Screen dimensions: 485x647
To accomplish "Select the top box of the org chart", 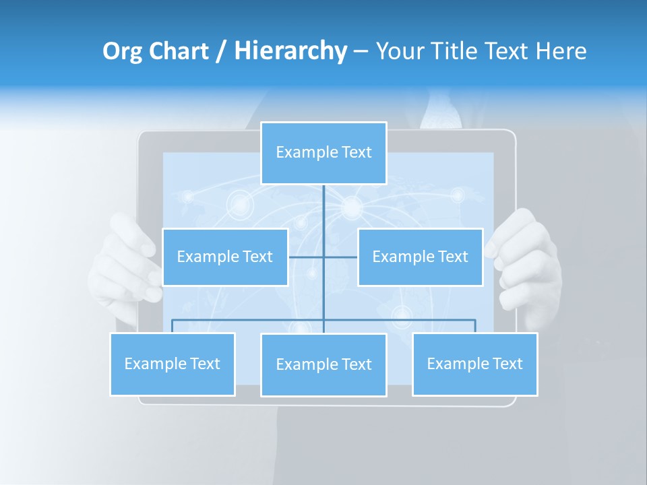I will (x=323, y=153).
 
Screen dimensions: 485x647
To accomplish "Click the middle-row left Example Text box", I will (x=225, y=257).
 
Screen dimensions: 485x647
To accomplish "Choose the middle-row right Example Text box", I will (x=420, y=257).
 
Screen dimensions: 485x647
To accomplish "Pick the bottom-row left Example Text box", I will (x=173, y=364).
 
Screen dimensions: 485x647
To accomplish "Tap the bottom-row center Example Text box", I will (x=323, y=364).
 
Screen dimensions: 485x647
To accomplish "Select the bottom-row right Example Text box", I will (x=474, y=364).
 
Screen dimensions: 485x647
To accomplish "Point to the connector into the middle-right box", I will (x=341, y=257).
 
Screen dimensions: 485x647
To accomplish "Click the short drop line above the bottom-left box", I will (x=173, y=326).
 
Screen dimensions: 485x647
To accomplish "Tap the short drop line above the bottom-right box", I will (x=475, y=326).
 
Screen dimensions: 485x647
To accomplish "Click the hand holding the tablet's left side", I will (x=125, y=263).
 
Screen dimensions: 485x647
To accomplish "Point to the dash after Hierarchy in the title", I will (x=360, y=52).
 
